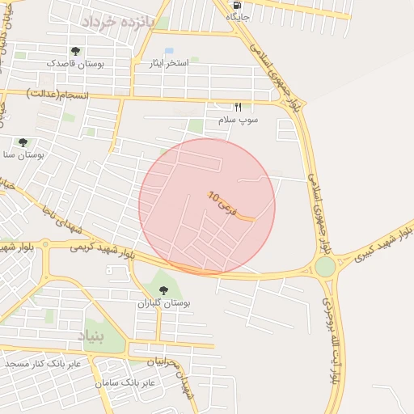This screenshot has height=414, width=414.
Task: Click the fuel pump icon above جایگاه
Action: [x=237, y=5]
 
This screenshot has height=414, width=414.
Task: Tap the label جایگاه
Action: [x=237, y=16]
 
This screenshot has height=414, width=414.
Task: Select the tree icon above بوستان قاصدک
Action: [x=75, y=51]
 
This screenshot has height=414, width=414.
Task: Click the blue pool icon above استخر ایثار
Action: [x=169, y=51]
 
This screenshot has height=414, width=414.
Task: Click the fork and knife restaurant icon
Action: [x=238, y=107]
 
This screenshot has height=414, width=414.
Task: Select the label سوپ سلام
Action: [x=238, y=120]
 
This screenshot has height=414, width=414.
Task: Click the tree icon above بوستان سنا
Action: [x=23, y=142]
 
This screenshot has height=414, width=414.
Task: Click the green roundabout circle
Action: [x=325, y=266]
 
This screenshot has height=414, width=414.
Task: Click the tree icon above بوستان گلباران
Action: [x=164, y=290]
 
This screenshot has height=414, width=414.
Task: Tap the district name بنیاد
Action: [x=91, y=335]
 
